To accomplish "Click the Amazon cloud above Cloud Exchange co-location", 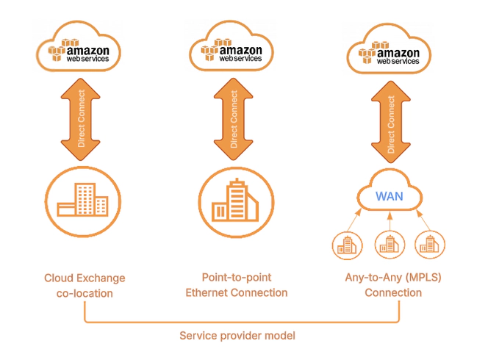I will coord(82,50).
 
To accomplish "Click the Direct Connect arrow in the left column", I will coord(82,116).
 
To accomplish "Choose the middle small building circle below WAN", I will coord(389,245).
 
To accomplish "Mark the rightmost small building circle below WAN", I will coord(430,245).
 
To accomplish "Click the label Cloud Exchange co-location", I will coord(85,285).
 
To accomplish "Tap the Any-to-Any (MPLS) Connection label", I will coord(393,285).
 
